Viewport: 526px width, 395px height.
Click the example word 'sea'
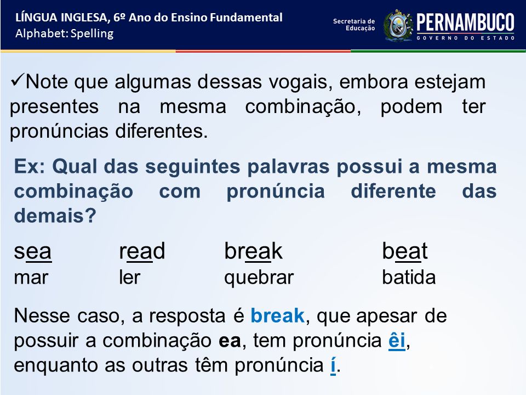32,251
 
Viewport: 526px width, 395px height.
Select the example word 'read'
142,251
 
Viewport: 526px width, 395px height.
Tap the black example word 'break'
253,251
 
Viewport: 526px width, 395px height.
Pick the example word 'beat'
404,251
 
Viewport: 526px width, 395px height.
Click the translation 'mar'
31,278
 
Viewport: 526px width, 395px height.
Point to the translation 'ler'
129,277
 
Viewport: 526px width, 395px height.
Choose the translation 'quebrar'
259,278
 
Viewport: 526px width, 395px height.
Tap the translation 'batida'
409,277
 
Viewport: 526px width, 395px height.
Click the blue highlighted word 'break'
277,316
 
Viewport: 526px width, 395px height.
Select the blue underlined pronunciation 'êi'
397,340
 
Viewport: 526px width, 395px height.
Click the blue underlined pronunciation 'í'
333,365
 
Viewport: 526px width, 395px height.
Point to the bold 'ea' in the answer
230,341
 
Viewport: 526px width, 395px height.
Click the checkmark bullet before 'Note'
17,81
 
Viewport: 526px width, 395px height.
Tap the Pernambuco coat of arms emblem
398,26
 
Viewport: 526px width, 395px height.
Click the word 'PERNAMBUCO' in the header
465,22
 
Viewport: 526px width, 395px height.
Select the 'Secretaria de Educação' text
354,25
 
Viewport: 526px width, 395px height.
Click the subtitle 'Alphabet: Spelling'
65,33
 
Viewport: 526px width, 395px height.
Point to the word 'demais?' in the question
55,215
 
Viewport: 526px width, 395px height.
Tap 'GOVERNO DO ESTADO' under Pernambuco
466,38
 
